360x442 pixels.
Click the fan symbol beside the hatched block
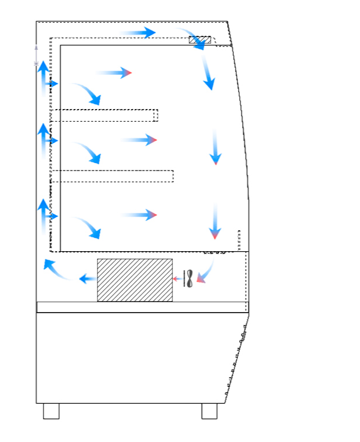coord(188,278)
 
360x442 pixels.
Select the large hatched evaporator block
coord(135,280)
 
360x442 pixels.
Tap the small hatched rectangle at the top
coord(200,39)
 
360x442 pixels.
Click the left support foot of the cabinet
coord(51,411)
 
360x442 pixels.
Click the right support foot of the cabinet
coord(210,411)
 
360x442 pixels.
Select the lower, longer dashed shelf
coord(114,176)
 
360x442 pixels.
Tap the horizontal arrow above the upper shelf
coord(114,73)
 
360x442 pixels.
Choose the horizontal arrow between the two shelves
coord(139,140)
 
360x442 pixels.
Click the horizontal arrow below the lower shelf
coord(139,215)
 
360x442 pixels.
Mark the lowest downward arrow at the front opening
coord(215,222)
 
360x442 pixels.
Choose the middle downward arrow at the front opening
coord(215,148)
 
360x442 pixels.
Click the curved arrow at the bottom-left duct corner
coord(58,270)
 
